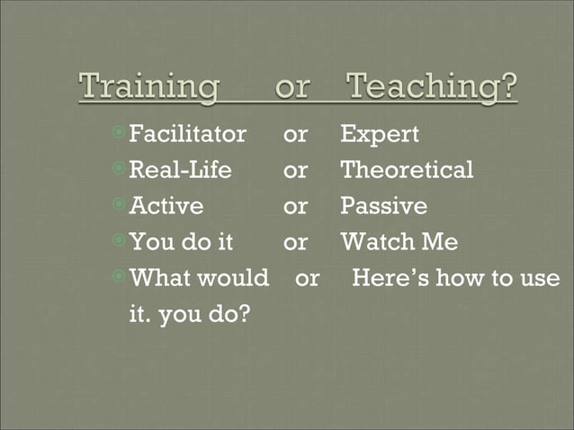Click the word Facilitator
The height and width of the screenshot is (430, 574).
(x=187, y=135)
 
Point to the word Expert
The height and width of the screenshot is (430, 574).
(x=380, y=135)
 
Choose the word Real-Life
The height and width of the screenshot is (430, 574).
(x=181, y=170)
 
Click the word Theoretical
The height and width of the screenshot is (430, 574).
(x=407, y=170)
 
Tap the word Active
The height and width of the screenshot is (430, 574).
(x=166, y=206)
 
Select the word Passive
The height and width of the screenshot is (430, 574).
(x=383, y=206)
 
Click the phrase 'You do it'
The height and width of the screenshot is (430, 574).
(x=182, y=242)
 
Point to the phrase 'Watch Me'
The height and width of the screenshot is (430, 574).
(x=399, y=242)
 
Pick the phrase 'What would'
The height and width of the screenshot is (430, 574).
(x=199, y=278)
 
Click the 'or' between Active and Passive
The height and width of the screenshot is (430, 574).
(x=295, y=207)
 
